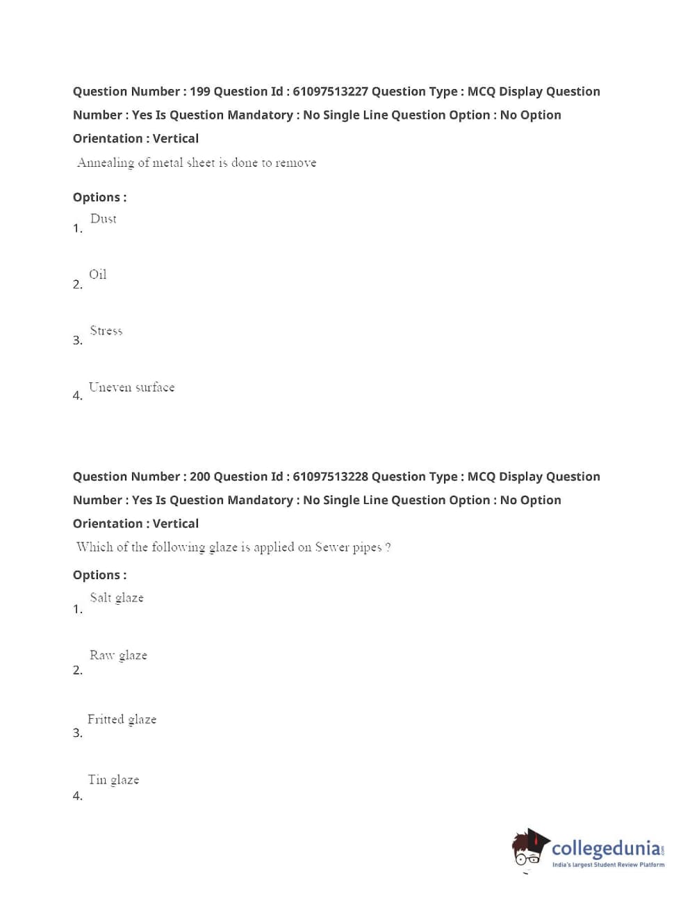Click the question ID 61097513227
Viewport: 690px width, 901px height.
330,92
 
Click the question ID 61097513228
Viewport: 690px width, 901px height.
330,477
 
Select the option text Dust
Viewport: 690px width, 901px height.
104,219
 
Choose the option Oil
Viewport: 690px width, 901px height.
98,275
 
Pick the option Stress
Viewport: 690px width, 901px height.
106,331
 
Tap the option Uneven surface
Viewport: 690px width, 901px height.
131,387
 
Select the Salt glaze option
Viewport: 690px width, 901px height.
117,598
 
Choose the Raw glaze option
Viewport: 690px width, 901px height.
118,656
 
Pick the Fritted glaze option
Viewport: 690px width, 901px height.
122,720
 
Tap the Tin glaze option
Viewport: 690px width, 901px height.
113,780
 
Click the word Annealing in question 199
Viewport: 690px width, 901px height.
105,163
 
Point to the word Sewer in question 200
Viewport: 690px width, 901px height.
331,547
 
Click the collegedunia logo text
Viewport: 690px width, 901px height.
606,848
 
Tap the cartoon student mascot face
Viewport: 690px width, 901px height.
528,850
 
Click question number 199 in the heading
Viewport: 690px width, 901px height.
199,92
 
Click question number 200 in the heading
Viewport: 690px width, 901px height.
199,477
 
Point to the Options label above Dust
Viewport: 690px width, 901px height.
99,197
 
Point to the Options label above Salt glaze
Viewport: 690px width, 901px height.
99,575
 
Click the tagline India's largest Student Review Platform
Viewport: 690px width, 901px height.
608,865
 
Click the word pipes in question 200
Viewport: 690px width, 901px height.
367,548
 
